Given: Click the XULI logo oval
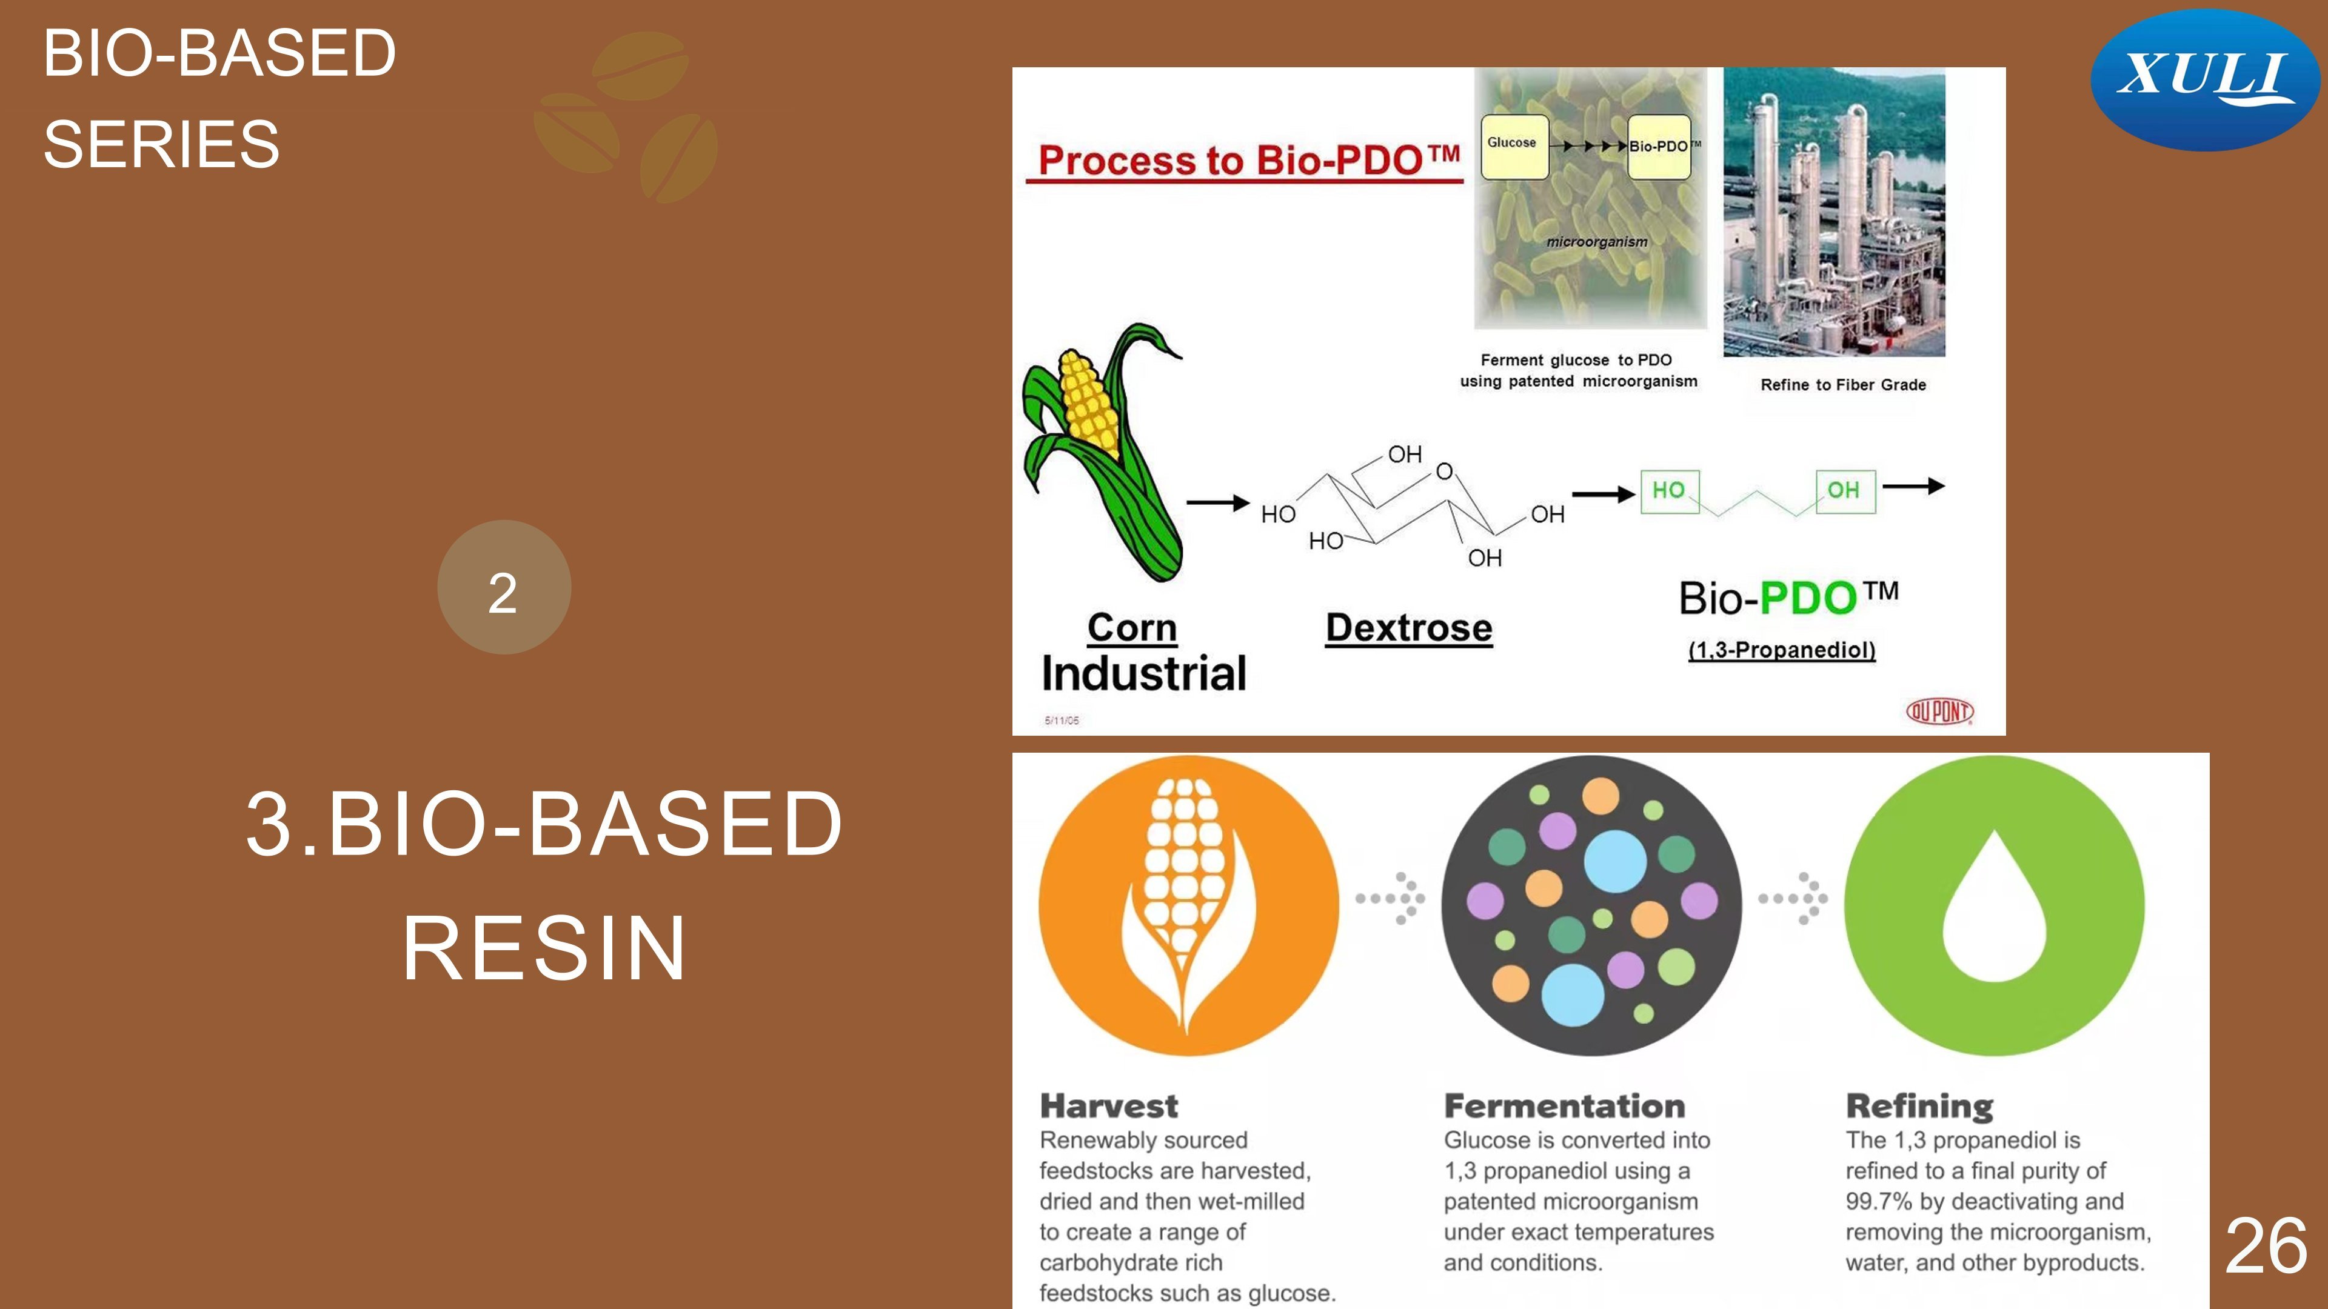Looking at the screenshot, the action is (x=2205, y=79).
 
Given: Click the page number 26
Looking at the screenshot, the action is (x=2266, y=1245).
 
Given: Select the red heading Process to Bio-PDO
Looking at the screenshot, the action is (x=1249, y=160).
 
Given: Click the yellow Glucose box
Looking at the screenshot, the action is (x=1514, y=146).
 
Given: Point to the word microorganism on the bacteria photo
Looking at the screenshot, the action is (x=1597, y=242).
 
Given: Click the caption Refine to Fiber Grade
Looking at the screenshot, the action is (x=1844, y=385).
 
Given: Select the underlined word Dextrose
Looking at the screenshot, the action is (x=1409, y=628).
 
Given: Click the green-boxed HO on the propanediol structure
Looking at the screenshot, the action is (x=1669, y=491).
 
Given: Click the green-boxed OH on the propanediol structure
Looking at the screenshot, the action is (x=1844, y=491).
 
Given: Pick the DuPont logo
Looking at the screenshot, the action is (x=1939, y=712).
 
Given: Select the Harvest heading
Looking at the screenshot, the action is (x=1109, y=1106).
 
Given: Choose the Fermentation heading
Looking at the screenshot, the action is (x=1564, y=1106).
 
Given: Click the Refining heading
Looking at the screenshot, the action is (x=1919, y=1107).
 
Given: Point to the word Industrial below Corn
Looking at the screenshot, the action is (x=1143, y=673).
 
